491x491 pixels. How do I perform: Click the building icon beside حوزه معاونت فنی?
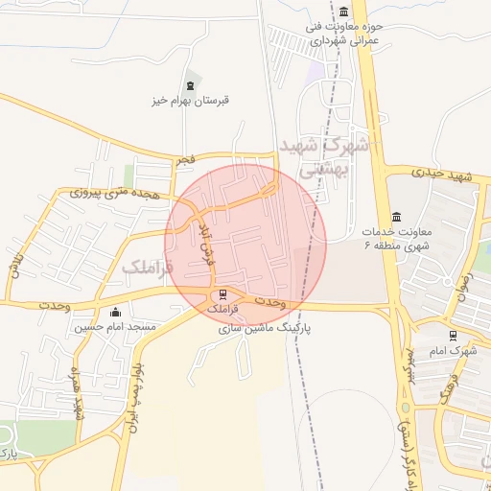tap(343, 12)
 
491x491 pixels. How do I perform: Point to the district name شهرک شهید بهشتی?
tap(327, 155)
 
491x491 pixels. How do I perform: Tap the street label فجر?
tap(184, 160)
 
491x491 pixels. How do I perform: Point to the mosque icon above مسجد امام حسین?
tap(116, 312)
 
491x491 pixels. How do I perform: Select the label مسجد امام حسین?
tap(116, 327)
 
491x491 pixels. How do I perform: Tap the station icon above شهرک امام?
tap(454, 336)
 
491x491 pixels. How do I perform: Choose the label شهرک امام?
tap(455, 350)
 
